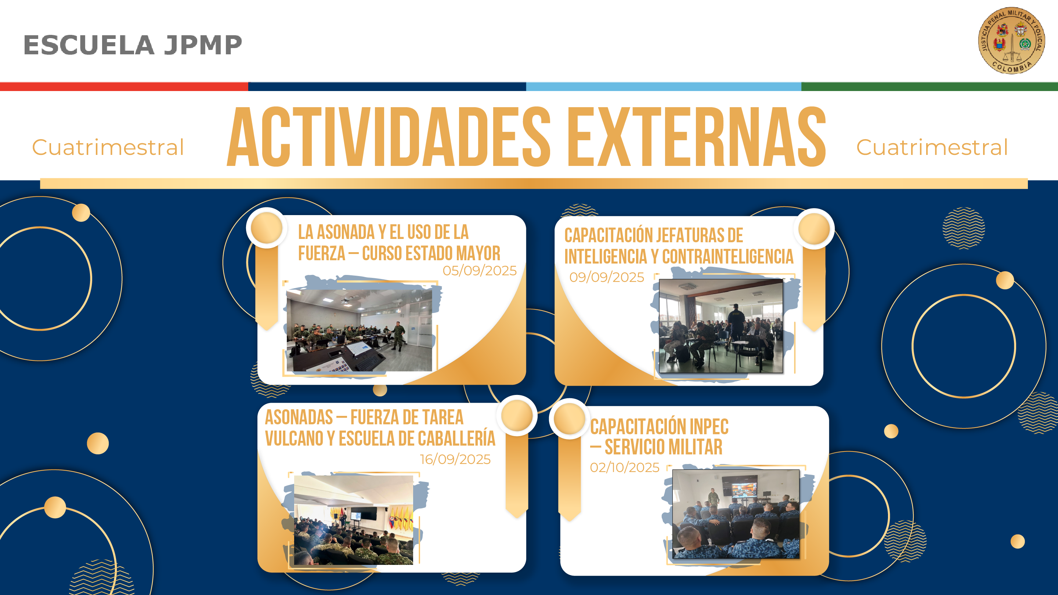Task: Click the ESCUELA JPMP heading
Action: [133, 45]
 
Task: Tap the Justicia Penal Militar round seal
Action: [1012, 40]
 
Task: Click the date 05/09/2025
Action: [479, 271]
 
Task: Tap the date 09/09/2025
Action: [607, 277]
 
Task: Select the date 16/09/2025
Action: [455, 459]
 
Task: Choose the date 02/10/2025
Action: [625, 467]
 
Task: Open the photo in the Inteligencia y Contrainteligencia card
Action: [721, 326]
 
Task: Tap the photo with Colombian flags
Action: [354, 520]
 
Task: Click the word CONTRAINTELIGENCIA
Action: [728, 257]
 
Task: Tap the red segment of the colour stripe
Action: [124, 87]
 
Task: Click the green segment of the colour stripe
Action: [929, 87]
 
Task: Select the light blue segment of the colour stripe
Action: [664, 87]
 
